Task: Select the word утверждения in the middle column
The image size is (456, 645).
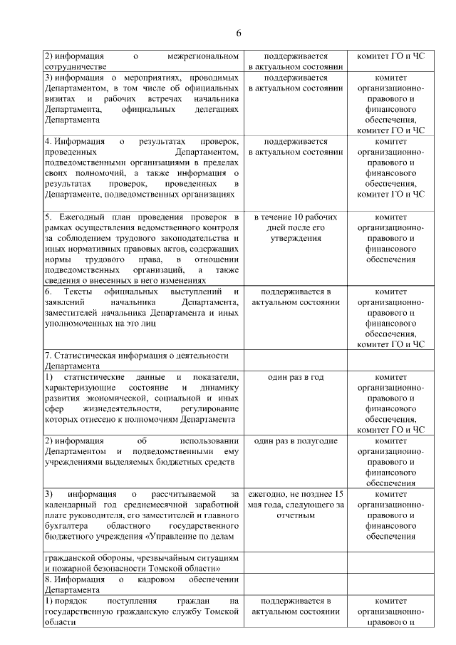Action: click(x=295, y=237)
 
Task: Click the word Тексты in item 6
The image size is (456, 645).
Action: click(x=78, y=292)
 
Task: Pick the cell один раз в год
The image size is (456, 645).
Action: click(x=295, y=376)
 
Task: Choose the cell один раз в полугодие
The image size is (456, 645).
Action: click(x=295, y=440)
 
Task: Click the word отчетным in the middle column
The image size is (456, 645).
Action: click(x=295, y=515)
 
